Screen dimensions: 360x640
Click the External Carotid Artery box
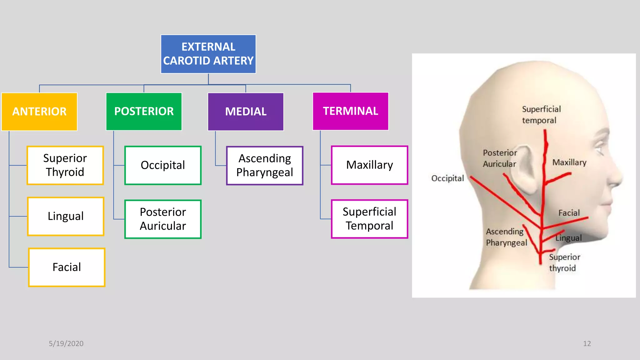pos(208,54)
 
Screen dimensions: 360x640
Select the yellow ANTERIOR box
pos(39,112)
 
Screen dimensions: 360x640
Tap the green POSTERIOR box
pos(144,111)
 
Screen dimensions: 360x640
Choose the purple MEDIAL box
pos(246,112)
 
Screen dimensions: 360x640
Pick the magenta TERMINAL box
pos(350,111)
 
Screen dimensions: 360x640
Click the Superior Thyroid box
pos(65,165)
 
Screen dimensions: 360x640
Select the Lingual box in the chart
pos(66,216)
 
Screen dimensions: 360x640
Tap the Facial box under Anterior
pos(67,267)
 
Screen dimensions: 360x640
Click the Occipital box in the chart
pos(163,165)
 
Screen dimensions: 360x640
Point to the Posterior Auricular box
pos(163,219)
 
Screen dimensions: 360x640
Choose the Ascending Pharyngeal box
pos(265,166)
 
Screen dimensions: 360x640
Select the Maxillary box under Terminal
pos(369,165)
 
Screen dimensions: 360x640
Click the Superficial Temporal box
pos(369,219)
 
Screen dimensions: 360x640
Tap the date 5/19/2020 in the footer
pos(66,343)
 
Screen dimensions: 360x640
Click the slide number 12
pos(587,343)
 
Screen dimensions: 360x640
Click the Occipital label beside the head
pos(447,178)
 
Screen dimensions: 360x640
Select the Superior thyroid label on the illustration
pos(564,262)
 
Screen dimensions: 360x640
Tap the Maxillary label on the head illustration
pos(569,162)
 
